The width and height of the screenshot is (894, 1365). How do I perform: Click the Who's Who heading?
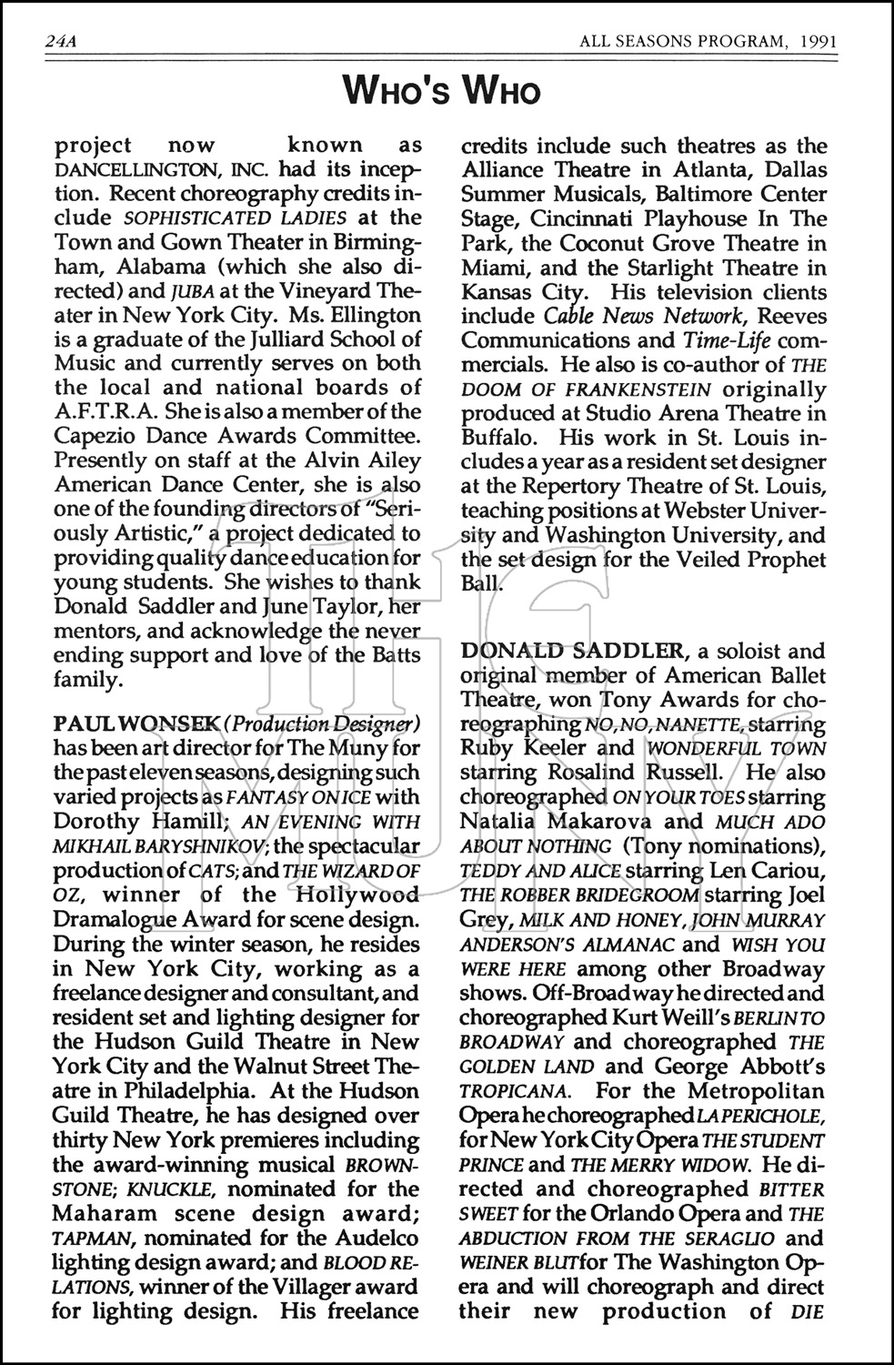coord(442,91)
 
